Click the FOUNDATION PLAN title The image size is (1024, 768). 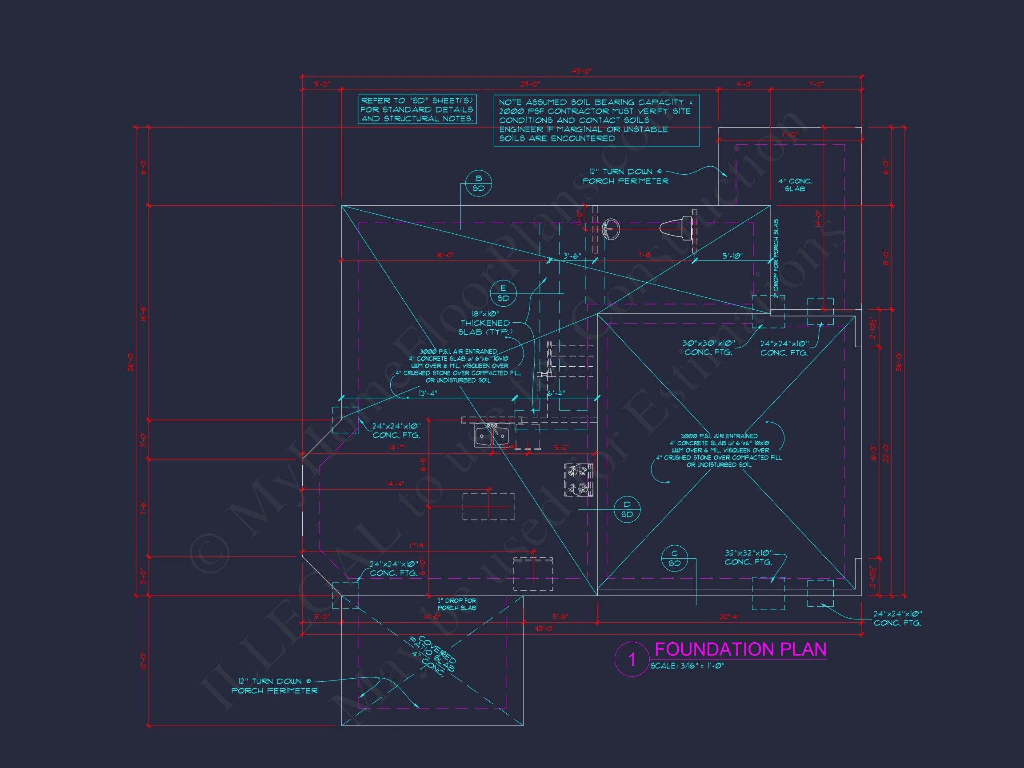[740, 649]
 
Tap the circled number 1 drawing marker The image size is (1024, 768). [632, 659]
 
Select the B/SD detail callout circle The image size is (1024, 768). [478, 183]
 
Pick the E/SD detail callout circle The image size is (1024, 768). [503, 293]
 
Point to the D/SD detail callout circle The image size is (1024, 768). [627, 509]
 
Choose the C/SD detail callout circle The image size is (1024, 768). [675, 558]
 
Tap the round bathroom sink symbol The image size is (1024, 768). [611, 228]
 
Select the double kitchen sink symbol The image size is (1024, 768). [492, 436]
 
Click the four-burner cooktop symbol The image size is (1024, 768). [579, 480]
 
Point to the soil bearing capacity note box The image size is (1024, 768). [596, 120]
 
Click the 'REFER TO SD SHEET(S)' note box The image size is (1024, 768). [417, 110]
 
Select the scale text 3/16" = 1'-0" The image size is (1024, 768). [687, 666]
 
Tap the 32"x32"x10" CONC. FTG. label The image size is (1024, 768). [748, 557]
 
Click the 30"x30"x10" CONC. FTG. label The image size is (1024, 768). [708, 348]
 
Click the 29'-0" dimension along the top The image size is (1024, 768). [530, 84]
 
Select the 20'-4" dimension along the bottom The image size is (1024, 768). [729, 616]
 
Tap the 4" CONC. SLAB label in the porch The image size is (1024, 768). [795, 185]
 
